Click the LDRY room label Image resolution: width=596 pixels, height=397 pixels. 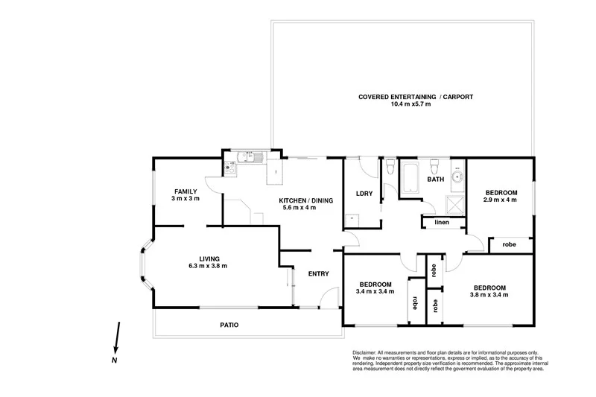click(x=364, y=194)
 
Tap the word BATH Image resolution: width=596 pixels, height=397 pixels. click(x=435, y=180)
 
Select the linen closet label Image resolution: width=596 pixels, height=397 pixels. click(x=442, y=223)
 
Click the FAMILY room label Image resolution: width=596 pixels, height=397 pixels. click(x=186, y=191)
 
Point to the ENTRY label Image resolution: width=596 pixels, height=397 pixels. click(x=318, y=274)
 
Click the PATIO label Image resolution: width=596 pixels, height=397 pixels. click(x=229, y=325)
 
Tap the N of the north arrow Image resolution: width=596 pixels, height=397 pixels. click(x=114, y=360)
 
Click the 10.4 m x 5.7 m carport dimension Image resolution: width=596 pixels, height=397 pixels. click(x=410, y=104)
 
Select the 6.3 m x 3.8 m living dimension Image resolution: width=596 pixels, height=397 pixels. click(x=208, y=266)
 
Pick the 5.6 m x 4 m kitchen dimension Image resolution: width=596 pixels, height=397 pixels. click(x=299, y=207)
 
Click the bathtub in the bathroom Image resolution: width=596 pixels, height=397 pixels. click(x=410, y=180)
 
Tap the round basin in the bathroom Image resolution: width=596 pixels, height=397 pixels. click(x=457, y=177)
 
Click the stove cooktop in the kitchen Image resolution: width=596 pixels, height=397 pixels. click(x=231, y=168)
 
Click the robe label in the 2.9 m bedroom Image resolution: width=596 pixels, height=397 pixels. click(x=510, y=244)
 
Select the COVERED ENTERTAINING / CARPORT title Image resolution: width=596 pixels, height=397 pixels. click(x=416, y=97)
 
